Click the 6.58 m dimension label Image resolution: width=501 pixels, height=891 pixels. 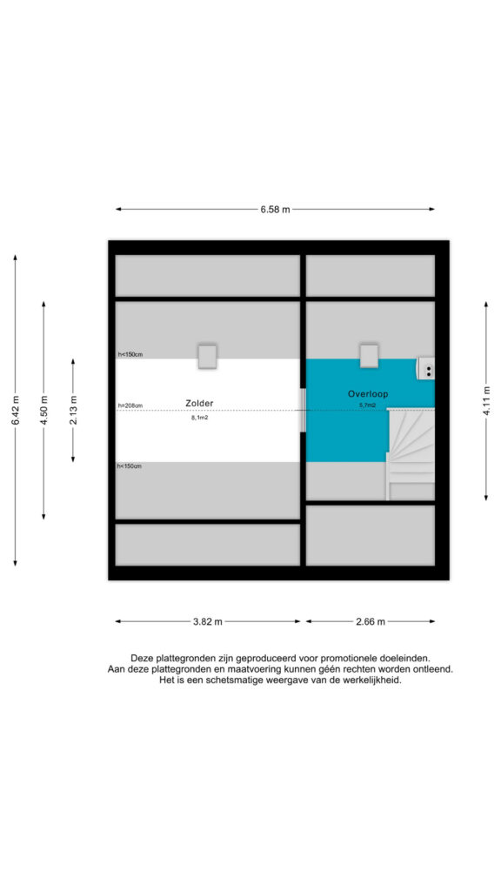tap(276, 209)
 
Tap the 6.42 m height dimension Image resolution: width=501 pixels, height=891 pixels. tap(16, 410)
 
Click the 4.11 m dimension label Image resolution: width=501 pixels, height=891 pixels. tap(487, 401)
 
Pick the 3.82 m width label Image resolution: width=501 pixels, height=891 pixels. tap(208, 621)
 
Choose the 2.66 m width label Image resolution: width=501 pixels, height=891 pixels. tap(371, 621)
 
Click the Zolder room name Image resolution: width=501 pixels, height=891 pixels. tap(199, 403)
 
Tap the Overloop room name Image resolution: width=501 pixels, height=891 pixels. tap(368, 393)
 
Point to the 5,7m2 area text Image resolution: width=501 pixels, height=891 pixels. tap(368, 405)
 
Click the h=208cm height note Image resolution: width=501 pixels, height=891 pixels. tap(130, 405)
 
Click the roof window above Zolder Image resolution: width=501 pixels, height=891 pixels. tap(207, 356)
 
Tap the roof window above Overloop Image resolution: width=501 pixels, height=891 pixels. tap(369, 356)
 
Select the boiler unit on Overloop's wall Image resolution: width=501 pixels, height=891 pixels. tap(426, 368)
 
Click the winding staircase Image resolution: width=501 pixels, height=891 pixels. tap(411, 454)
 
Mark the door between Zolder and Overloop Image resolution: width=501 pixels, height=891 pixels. tap(304, 410)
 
